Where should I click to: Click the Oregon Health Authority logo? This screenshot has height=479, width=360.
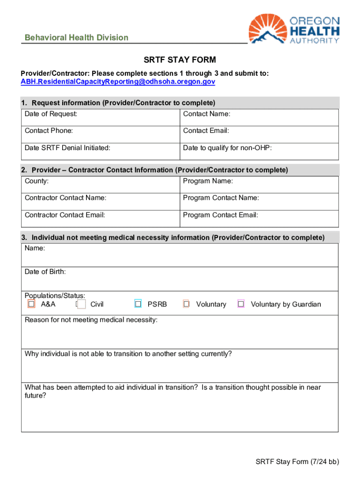pyautogui.click(x=294, y=29)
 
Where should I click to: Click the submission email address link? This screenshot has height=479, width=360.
pyautogui.click(x=118, y=81)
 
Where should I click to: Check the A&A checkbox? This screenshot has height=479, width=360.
pyautogui.click(x=31, y=304)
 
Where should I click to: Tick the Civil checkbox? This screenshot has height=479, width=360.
pyautogui.click(x=81, y=305)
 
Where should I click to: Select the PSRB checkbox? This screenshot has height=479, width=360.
pyautogui.click(x=138, y=304)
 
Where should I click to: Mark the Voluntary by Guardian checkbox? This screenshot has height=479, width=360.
pyautogui.click(x=241, y=304)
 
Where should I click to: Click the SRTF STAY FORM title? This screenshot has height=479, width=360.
pyautogui.click(x=180, y=60)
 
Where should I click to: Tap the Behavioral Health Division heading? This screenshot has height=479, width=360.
pyautogui.click(x=76, y=37)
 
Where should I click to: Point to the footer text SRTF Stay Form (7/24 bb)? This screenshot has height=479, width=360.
pyautogui.click(x=297, y=462)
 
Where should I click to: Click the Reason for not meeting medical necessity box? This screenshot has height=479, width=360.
pyautogui.click(x=180, y=335)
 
